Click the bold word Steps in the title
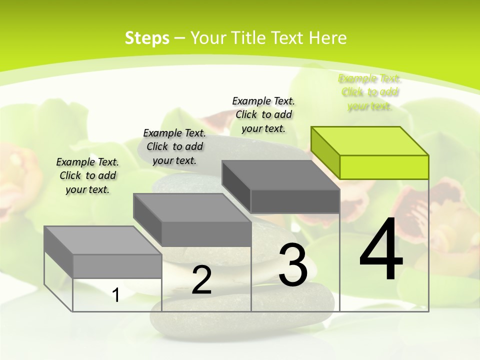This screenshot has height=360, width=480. click(x=147, y=38)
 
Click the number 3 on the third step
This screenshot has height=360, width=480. click(x=293, y=265)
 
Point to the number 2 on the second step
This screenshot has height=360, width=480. click(x=202, y=280)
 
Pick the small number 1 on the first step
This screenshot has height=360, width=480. click(x=116, y=295)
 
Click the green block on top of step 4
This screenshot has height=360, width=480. click(x=384, y=166)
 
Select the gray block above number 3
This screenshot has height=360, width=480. click(x=295, y=201)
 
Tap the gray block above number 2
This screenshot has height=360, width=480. click(x=206, y=234)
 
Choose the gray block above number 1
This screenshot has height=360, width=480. click(x=117, y=266)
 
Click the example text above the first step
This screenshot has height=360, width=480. click(x=87, y=175)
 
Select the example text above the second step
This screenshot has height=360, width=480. click(x=174, y=146)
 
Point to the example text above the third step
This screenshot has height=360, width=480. click(x=263, y=114)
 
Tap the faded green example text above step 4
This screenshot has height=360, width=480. click(x=370, y=92)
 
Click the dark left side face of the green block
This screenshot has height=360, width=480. click(x=325, y=152)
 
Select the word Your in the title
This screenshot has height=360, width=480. click(x=206, y=38)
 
